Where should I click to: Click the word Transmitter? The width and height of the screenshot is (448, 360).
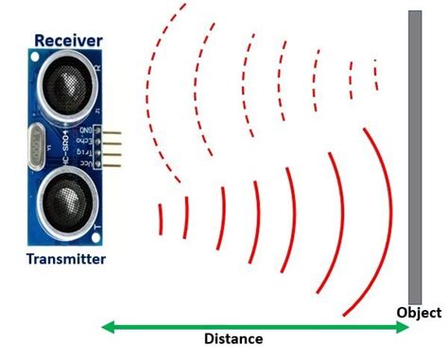65,259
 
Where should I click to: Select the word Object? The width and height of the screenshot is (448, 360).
419,314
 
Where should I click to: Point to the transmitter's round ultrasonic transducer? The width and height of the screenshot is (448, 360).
64,202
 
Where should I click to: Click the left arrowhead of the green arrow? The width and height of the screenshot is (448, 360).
107,328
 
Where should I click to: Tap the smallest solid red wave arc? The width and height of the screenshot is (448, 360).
161,218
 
